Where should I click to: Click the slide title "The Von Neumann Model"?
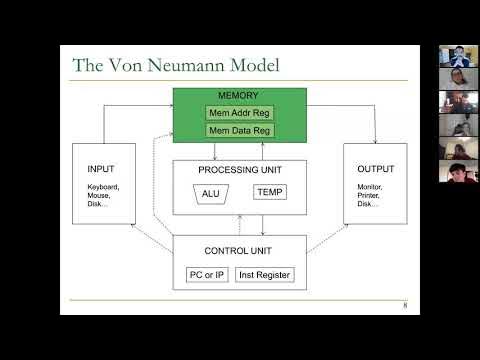[x=175, y=66]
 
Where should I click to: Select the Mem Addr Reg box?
[x=240, y=113]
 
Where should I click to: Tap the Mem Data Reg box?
[x=240, y=130]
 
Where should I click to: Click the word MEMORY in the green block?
[x=239, y=96]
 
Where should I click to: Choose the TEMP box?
[x=270, y=191]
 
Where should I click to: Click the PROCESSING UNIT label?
[x=239, y=169]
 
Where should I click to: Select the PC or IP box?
[x=206, y=274]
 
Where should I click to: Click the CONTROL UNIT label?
[x=239, y=249]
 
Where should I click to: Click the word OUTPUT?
[x=375, y=168]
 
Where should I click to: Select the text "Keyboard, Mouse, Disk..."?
[x=103, y=196]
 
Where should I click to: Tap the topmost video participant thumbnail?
[x=457, y=56]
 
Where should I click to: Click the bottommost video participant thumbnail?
[x=457, y=171]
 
